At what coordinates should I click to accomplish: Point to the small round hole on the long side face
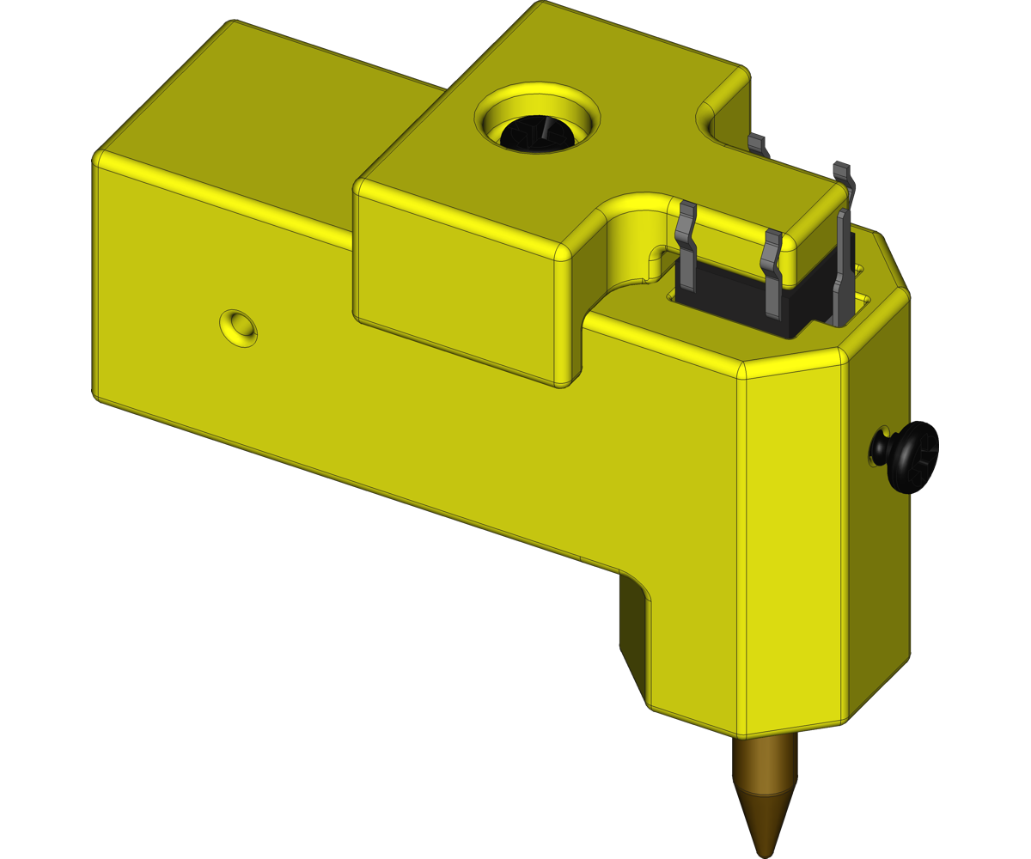coord(238,326)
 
